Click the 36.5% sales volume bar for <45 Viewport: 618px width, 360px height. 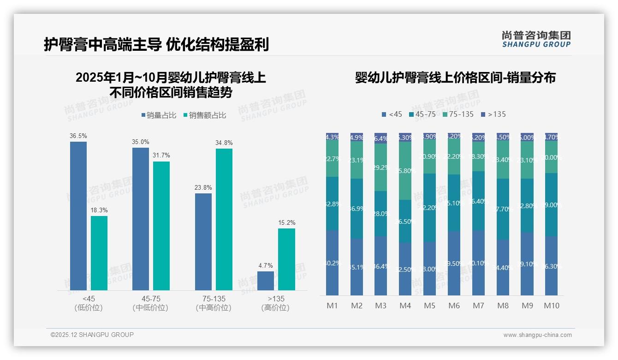tap(78, 216)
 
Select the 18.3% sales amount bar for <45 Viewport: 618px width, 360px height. tap(99, 253)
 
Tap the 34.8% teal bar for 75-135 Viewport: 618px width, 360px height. tap(224, 219)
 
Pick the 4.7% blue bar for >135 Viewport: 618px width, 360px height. tap(266, 281)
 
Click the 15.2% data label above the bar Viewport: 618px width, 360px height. tap(287, 222)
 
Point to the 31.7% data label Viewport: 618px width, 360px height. tap(161, 156)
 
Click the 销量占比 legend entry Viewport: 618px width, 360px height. tap(159, 115)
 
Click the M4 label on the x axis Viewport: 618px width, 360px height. tap(405, 306)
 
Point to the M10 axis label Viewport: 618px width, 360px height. tap(551, 306)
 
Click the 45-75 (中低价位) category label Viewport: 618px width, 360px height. tap(150, 303)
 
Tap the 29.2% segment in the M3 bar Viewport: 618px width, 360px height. tap(380, 168)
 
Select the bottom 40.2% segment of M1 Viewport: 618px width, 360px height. tap(332, 263)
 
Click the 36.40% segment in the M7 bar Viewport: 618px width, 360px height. tap(478, 201)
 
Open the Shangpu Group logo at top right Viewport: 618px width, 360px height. tap(536, 39)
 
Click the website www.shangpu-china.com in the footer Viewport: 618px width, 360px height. tap(537, 335)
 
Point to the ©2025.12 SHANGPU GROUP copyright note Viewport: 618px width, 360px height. tap(92, 335)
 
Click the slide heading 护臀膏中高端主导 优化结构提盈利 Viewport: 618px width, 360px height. tap(156, 45)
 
